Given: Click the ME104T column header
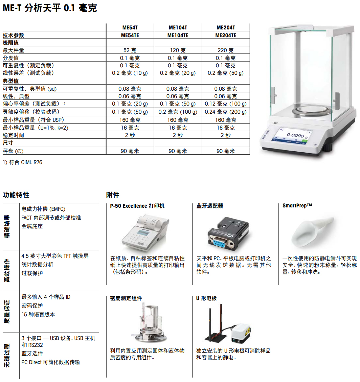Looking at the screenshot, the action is click(178, 27).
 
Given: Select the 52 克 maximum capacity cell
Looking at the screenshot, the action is click(130, 50).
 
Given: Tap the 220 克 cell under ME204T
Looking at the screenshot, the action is click(226, 50).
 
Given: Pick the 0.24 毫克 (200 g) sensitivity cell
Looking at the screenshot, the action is click(226, 112).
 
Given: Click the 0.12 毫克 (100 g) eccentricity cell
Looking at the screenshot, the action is click(226, 104).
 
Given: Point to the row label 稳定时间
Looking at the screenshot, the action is click(14, 135).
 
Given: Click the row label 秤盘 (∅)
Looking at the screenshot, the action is click(13, 151).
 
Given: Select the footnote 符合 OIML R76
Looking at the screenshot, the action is click(26, 162).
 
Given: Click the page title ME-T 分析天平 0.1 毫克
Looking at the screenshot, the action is click(50, 8).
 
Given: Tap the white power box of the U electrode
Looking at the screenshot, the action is click(241, 333).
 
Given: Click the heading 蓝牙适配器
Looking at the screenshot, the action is click(210, 206).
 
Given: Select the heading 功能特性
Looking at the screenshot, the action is click(16, 195).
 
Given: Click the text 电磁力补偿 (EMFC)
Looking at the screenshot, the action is click(43, 209).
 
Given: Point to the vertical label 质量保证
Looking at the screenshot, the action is click(7, 312).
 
